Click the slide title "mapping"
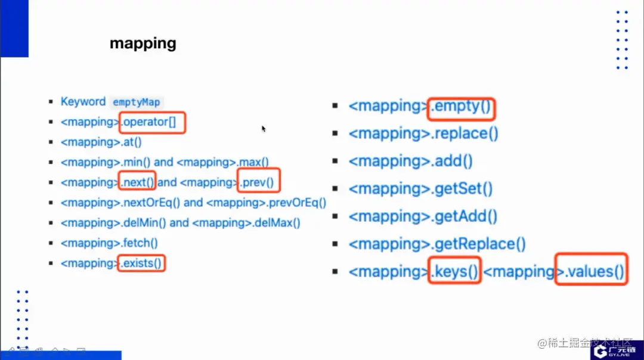(143, 44)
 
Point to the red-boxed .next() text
(137, 182)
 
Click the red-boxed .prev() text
(259, 182)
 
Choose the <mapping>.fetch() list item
(109, 243)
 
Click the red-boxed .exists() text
(141, 263)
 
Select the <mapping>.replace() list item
(423, 134)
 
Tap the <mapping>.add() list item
(410, 161)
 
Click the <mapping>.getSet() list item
(420, 189)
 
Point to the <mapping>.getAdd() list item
(423, 216)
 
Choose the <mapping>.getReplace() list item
(437, 244)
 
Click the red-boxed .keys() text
(454, 272)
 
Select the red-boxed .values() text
(591, 272)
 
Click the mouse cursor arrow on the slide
(263, 128)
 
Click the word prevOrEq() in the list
(297, 203)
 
